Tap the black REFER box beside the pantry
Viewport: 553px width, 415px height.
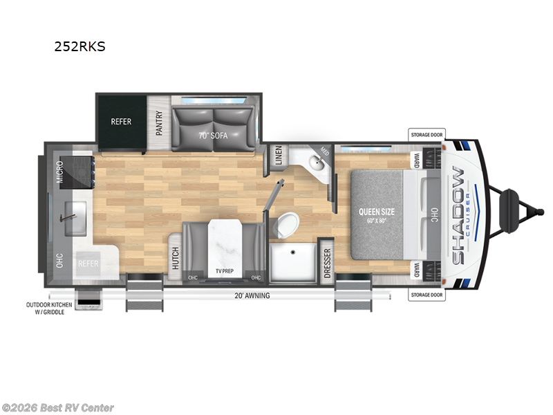[x=121, y=122]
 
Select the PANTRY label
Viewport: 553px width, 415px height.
[x=159, y=122]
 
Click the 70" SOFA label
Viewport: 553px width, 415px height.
[x=213, y=135]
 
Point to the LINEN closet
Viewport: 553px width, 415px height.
[x=277, y=156]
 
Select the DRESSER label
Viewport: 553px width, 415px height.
[x=328, y=263]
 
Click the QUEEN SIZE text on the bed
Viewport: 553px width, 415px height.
[x=377, y=212]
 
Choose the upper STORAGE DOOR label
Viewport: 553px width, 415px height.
[x=427, y=134]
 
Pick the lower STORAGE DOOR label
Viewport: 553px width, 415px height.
[x=427, y=295]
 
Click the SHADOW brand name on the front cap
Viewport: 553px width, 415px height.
[x=458, y=215]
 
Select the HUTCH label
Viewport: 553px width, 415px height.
[x=175, y=257]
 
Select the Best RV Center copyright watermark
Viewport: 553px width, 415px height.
[x=58, y=408]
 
